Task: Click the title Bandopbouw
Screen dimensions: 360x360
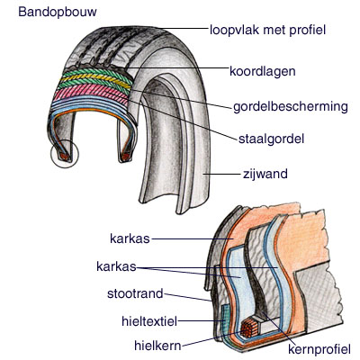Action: click(x=58, y=12)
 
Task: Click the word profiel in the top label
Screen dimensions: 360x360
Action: click(x=308, y=30)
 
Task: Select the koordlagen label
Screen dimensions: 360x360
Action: click(x=263, y=71)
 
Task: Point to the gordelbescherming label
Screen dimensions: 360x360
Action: click(x=291, y=107)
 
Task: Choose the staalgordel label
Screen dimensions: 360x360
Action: click(x=271, y=139)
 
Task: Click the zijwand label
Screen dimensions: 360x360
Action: click(x=265, y=174)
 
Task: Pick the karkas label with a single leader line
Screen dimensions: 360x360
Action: click(x=130, y=239)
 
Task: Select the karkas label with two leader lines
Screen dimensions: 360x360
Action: click(x=116, y=266)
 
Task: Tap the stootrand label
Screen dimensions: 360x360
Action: click(x=135, y=293)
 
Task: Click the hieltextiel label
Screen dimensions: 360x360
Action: click(x=149, y=321)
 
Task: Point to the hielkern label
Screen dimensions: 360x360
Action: click(x=157, y=346)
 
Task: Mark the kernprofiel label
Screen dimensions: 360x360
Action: click(x=319, y=349)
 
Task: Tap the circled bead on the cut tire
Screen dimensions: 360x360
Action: click(x=65, y=155)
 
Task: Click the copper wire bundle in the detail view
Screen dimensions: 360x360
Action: click(x=248, y=328)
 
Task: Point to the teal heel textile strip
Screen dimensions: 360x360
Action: click(x=224, y=321)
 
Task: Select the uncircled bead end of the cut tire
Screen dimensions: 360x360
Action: click(x=125, y=157)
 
